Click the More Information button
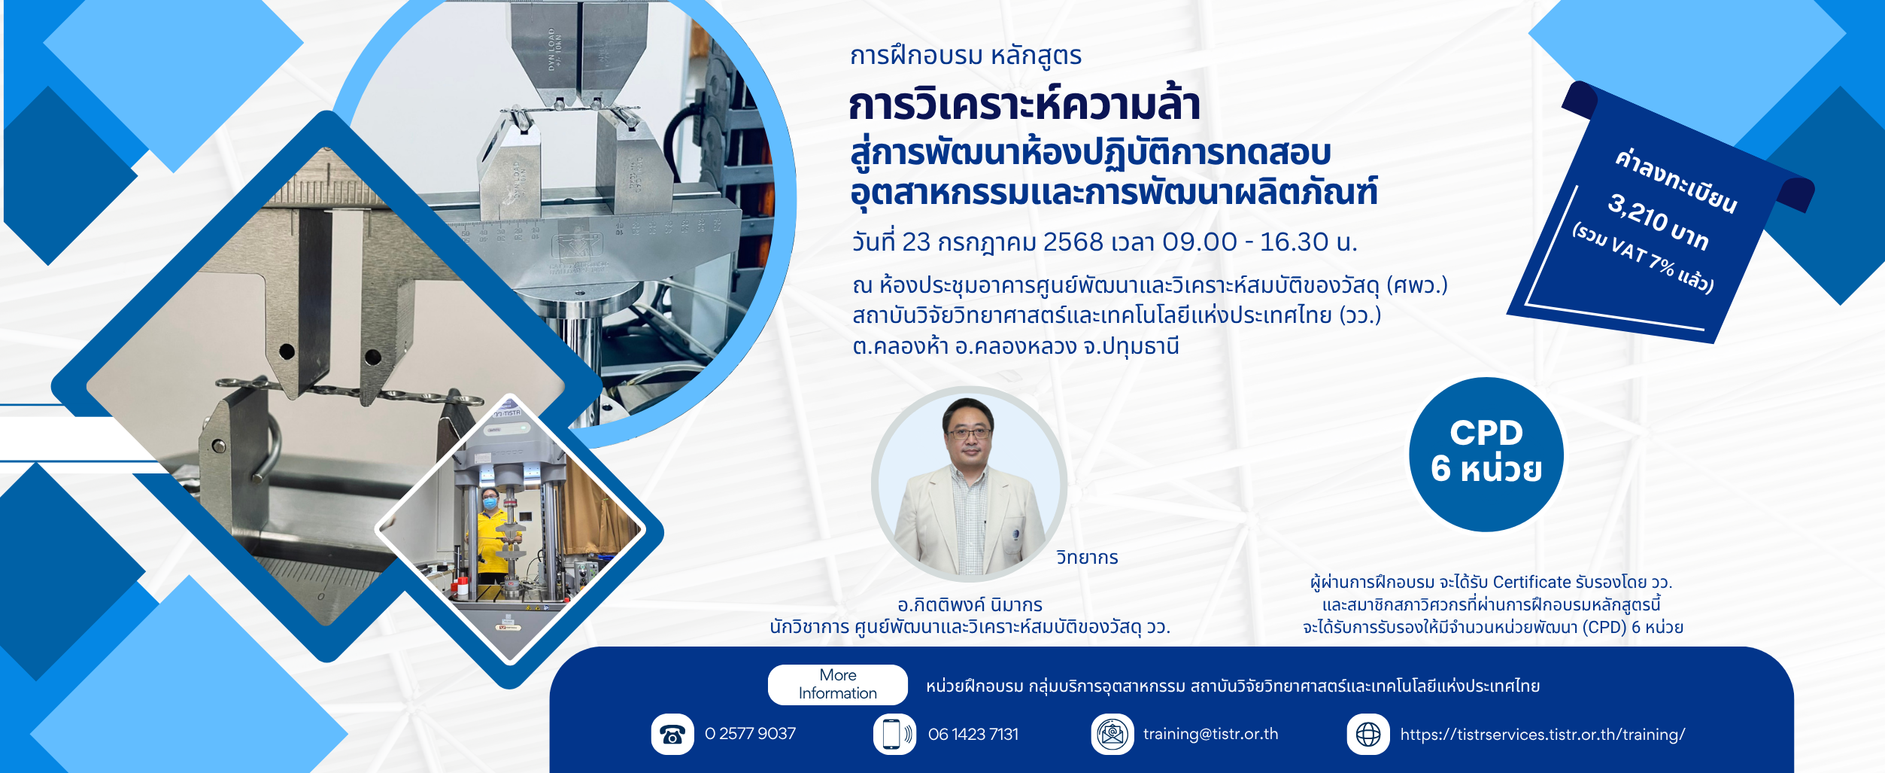(x=837, y=684)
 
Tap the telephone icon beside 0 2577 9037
(x=672, y=734)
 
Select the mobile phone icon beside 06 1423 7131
(x=894, y=734)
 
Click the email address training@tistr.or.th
(x=1210, y=734)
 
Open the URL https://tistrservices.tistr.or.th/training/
(x=1543, y=735)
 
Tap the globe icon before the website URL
(x=1367, y=734)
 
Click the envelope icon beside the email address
(x=1112, y=734)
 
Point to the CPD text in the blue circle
(x=1486, y=433)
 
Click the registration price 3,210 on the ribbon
(x=1638, y=212)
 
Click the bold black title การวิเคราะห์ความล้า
(x=1024, y=105)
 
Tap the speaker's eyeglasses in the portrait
(x=969, y=434)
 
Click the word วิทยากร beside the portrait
(x=1087, y=558)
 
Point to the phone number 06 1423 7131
(x=973, y=734)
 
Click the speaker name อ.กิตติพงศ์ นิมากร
(x=970, y=605)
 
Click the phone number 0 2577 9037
(x=750, y=734)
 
